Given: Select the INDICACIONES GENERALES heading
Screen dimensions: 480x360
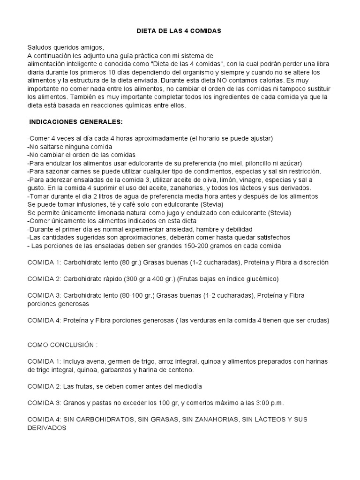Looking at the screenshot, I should tap(76, 122).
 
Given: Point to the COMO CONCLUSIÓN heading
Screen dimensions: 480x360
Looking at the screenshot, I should tap(62, 345).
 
